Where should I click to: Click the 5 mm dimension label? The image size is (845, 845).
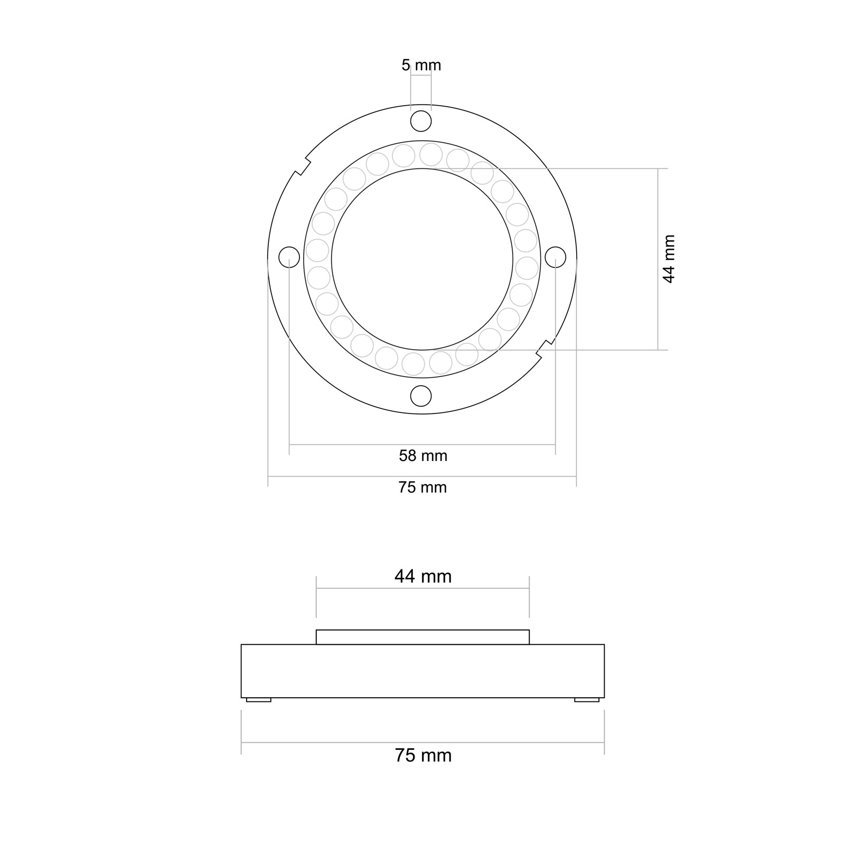[x=421, y=65]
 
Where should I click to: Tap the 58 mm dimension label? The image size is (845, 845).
[x=423, y=456]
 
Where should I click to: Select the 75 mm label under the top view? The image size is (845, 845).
[x=422, y=487]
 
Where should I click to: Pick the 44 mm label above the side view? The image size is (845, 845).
[x=423, y=576]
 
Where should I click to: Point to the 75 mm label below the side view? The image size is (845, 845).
[x=423, y=756]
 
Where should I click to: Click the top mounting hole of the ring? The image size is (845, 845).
[x=421, y=121]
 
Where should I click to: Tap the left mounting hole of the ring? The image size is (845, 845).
[x=289, y=257]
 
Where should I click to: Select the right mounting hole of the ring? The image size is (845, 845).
[x=555, y=257]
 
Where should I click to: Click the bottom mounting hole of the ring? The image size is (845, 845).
[x=421, y=396]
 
